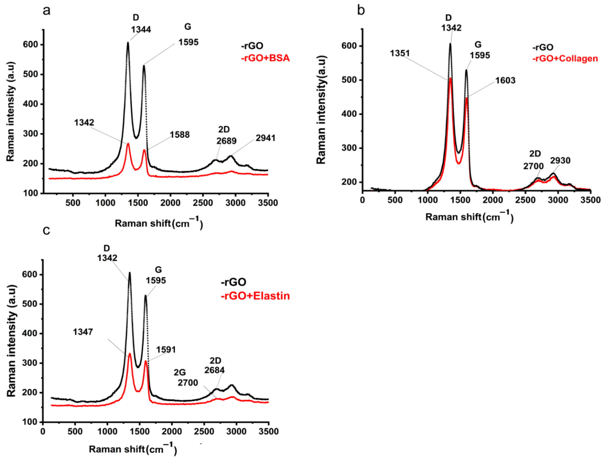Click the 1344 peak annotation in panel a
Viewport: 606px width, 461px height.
(141, 29)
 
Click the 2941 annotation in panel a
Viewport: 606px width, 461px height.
(266, 138)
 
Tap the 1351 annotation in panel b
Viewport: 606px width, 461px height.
(400, 53)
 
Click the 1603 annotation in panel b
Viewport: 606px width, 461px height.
(505, 80)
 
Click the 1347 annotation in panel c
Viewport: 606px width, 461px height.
(83, 332)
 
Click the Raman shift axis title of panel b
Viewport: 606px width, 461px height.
(469, 217)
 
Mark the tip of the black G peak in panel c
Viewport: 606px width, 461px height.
(145, 296)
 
